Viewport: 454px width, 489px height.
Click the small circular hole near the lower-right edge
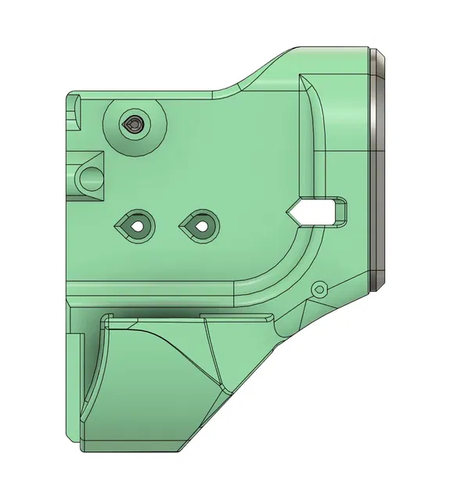pyautogui.click(x=318, y=289)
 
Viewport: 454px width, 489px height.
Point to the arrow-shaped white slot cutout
pyautogui.click(x=317, y=210)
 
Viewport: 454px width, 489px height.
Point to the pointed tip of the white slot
pyautogui.click(x=289, y=210)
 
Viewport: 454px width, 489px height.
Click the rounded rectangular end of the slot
pyautogui.click(x=343, y=210)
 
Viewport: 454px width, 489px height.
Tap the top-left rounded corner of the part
pyautogui.click(x=72, y=95)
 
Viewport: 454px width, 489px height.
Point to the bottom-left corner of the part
pyautogui.click(x=81, y=448)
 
